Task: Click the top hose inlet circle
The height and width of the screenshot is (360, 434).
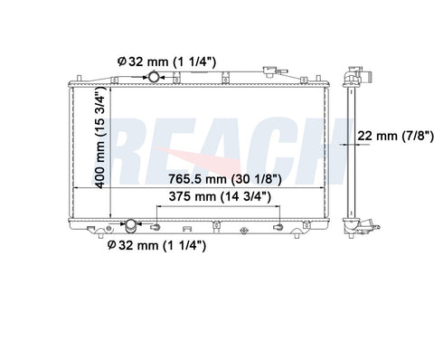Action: pos(154,77)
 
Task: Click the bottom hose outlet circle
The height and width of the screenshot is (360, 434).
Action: pos(131,224)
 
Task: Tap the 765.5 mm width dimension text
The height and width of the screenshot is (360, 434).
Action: pos(225,179)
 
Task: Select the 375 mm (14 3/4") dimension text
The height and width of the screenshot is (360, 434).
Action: pos(220,196)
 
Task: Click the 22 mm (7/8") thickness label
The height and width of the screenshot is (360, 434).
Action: pos(395,136)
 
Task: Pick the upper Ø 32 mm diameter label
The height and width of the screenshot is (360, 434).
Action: pos(166,62)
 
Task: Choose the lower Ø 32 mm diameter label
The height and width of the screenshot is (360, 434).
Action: pos(156,245)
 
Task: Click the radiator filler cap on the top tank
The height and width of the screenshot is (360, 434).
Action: pos(268,71)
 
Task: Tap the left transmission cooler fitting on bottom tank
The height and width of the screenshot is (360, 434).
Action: pos(156,227)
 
